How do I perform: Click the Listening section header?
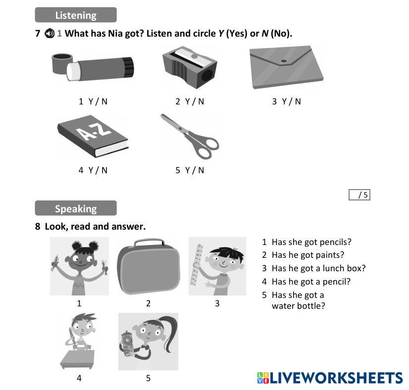click(76, 15)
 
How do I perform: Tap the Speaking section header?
click(76, 208)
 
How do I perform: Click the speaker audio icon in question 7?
click(49, 34)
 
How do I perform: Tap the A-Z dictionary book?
click(93, 136)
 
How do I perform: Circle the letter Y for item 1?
click(91, 101)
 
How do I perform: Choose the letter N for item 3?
click(298, 101)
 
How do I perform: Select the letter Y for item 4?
click(91, 170)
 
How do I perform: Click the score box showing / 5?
click(359, 195)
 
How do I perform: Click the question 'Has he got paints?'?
click(307, 255)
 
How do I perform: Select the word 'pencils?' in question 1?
click(335, 242)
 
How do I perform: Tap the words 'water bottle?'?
click(298, 305)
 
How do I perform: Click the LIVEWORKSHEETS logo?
click(330, 378)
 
